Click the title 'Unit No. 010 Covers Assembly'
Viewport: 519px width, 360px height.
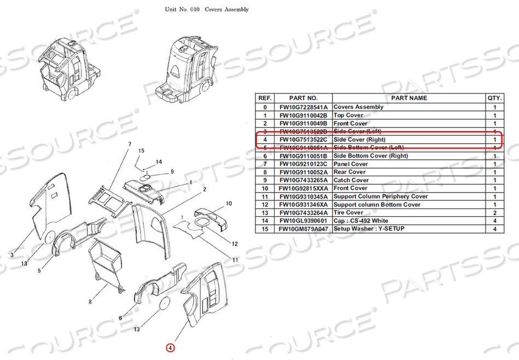click(x=207, y=10)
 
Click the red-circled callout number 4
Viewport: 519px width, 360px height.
click(x=170, y=347)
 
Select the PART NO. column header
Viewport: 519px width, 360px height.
click(x=302, y=98)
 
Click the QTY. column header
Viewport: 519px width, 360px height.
click(x=495, y=98)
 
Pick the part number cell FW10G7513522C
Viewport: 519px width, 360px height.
click(x=302, y=140)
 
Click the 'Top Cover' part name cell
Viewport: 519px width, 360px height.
click(x=348, y=115)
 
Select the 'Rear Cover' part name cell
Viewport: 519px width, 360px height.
click(x=349, y=172)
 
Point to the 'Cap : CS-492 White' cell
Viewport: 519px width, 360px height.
click(x=361, y=220)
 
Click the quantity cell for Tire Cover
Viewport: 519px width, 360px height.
click(x=495, y=212)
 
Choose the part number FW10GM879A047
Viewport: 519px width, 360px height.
click(x=302, y=229)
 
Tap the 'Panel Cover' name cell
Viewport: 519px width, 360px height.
click(x=351, y=164)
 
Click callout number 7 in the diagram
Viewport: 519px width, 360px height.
click(x=130, y=144)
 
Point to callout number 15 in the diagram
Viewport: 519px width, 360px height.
click(x=141, y=150)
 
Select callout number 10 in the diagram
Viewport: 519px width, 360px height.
click(x=229, y=203)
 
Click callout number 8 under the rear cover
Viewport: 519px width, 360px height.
click(x=90, y=301)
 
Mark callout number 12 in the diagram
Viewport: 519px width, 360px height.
click(x=235, y=243)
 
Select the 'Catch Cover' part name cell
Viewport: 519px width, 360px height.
click(x=351, y=180)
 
